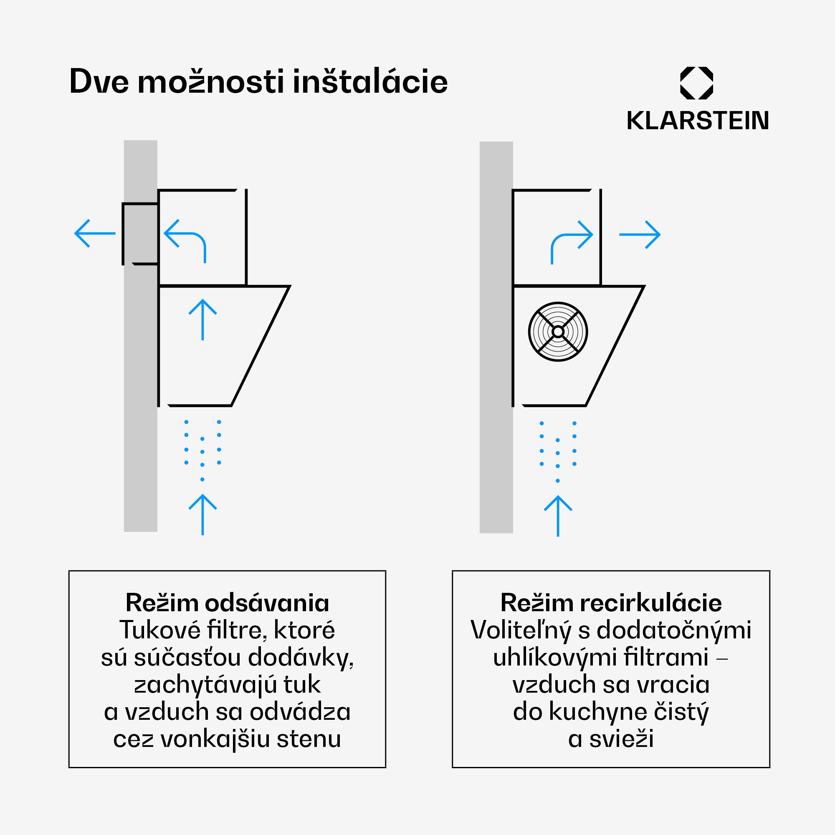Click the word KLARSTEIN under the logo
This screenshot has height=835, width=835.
(698, 121)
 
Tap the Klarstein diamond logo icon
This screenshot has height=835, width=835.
(696, 83)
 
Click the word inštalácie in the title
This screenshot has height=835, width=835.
(370, 81)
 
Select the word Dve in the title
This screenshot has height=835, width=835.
(99, 81)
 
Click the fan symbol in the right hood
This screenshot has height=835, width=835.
(557, 331)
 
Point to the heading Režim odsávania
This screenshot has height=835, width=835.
(228, 602)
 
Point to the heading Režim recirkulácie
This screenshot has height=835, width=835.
(611, 602)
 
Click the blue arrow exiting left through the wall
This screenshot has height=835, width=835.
(95, 233)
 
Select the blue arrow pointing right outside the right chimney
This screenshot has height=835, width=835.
(640, 235)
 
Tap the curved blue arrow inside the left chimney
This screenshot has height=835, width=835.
(186, 240)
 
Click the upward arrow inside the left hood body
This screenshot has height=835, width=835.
(203, 319)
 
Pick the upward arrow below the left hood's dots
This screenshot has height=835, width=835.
(203, 514)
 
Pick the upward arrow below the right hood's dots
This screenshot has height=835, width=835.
(558, 516)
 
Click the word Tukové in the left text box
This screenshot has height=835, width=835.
(159, 630)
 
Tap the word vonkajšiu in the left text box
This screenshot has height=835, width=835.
(215, 739)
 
